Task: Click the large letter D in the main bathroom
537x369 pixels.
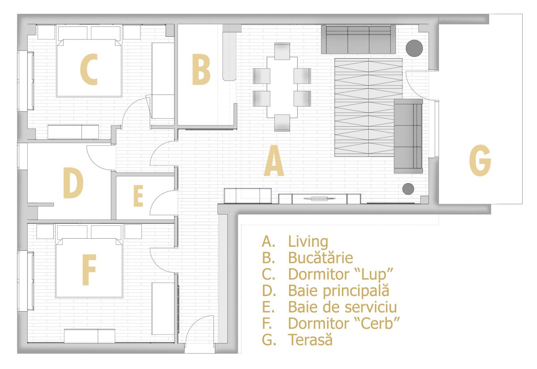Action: pos(73,184)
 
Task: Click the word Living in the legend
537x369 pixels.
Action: pos(308,241)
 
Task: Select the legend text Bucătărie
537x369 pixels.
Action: pos(320,258)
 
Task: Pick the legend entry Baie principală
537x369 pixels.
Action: pos(338,291)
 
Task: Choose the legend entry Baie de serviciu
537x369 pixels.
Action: pos(342,307)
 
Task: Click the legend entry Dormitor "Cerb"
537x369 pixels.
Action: pos(344,323)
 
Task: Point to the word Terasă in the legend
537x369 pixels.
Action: pos(311,339)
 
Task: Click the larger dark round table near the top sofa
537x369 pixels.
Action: pos(415,47)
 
